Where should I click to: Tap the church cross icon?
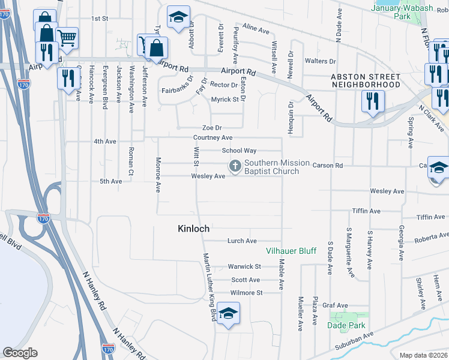(x=235, y=165)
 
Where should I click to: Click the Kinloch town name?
(x=193, y=229)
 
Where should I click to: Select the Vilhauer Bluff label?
(x=291, y=251)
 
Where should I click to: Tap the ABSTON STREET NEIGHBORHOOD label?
(x=366, y=81)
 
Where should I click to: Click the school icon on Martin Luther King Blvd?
(x=228, y=314)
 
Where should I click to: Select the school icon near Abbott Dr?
(x=178, y=17)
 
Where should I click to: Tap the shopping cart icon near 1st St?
(x=67, y=38)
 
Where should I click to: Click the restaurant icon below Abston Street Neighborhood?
(x=373, y=101)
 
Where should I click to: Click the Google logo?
(x=20, y=353)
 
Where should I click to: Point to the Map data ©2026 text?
(x=424, y=355)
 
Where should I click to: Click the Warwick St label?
(x=244, y=266)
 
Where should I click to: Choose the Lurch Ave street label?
(x=242, y=241)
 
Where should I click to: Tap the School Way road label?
(x=239, y=151)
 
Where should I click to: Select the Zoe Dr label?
(x=212, y=128)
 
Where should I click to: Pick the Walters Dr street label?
(x=320, y=61)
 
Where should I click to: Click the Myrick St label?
(x=225, y=99)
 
